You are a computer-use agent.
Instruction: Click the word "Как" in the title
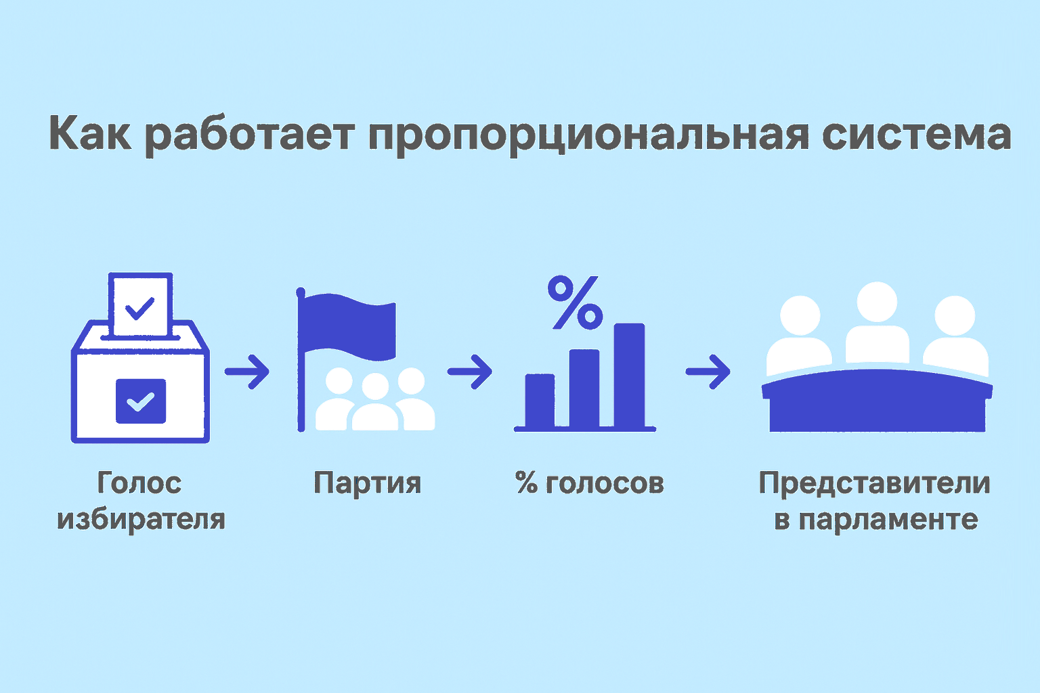(x=90, y=133)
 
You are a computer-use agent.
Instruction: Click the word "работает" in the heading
(x=250, y=135)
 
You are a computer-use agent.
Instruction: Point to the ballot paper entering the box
(x=141, y=304)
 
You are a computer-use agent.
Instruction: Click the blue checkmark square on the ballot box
(x=141, y=401)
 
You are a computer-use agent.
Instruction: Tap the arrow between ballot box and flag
(x=247, y=372)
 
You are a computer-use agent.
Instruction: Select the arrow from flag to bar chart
(x=470, y=372)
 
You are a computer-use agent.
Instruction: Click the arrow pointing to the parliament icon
(x=708, y=372)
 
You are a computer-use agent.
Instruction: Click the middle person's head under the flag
(x=375, y=386)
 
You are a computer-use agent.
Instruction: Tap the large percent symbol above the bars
(x=575, y=303)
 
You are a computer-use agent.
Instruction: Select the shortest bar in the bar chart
(x=540, y=401)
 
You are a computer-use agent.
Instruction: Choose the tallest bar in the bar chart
(x=629, y=375)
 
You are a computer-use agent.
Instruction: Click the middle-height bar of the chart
(x=584, y=388)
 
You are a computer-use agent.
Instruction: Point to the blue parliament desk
(x=877, y=401)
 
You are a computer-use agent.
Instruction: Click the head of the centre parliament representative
(x=877, y=302)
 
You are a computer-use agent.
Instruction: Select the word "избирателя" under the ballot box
(x=141, y=519)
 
